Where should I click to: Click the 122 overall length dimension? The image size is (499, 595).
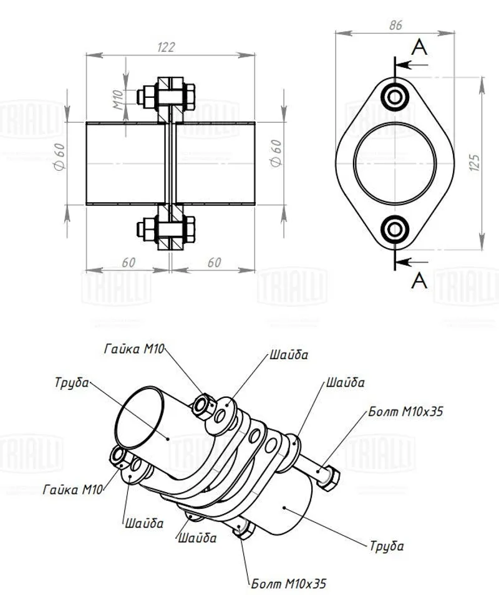[x=167, y=47]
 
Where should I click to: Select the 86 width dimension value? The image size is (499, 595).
[x=395, y=25]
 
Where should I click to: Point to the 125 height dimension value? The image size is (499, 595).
[x=473, y=163]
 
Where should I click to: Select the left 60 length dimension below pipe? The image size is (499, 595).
[x=128, y=263]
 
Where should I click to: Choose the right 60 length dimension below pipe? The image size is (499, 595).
[x=214, y=263]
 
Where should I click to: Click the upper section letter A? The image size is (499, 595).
[x=420, y=49]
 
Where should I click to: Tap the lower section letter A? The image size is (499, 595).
[x=420, y=281]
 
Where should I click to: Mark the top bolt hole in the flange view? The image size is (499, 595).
[x=395, y=97]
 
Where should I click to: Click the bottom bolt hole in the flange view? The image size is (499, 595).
[x=395, y=230]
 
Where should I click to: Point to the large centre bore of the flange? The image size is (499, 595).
[x=394, y=163]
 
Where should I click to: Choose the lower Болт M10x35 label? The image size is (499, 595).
[x=288, y=584]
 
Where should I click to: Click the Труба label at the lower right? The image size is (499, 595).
[x=387, y=546]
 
